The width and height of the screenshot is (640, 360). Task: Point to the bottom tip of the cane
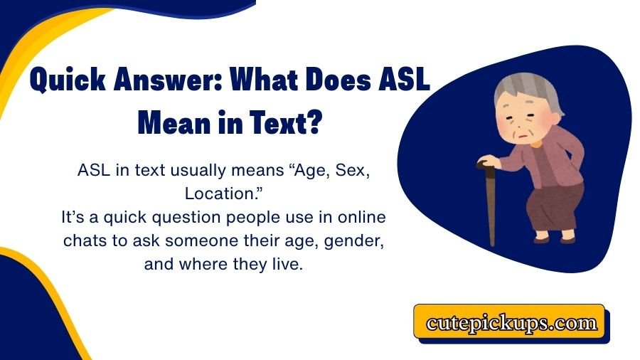[491, 243]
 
